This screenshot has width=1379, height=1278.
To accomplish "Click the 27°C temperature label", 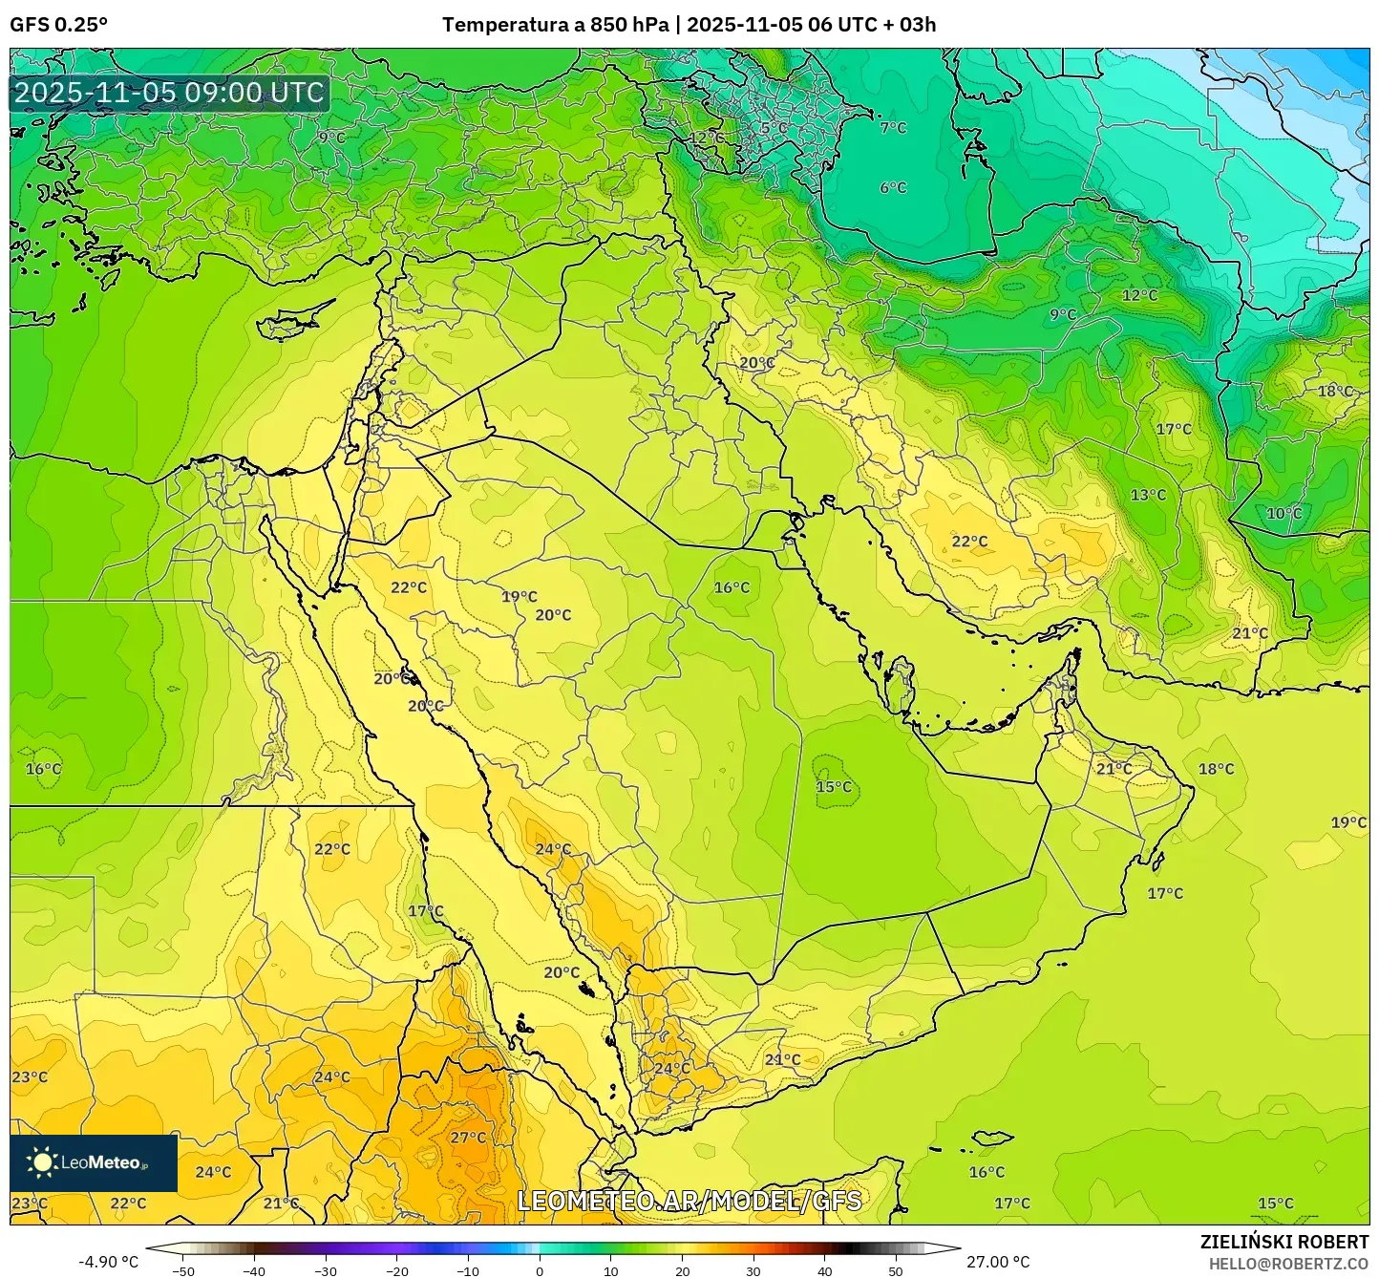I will tap(468, 1138).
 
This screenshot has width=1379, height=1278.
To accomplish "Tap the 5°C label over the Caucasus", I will tap(774, 128).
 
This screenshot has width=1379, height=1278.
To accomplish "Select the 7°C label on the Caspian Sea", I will tap(893, 128).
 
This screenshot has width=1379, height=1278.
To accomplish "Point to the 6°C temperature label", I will tap(893, 188).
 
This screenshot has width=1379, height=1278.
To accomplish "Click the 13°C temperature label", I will tap(1148, 495).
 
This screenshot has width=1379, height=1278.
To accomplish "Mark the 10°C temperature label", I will tap(1284, 513).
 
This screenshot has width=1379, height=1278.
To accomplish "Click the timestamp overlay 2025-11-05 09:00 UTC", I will tap(169, 93).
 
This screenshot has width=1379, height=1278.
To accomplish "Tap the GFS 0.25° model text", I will tap(58, 25).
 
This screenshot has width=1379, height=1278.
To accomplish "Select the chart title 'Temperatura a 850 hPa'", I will tap(556, 25).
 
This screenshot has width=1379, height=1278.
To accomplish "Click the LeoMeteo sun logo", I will tap(42, 1162).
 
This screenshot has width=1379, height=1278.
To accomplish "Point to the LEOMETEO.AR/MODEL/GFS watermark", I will tap(689, 1201).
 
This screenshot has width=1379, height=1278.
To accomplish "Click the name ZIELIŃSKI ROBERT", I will tap(1284, 1241).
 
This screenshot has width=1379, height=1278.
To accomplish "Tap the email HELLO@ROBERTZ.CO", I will tap(1288, 1263).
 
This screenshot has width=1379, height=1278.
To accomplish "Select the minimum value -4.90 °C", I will tap(107, 1262).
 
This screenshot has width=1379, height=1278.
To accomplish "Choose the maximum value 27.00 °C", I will tap(998, 1262).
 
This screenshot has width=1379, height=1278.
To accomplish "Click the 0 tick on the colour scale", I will tap(540, 1271).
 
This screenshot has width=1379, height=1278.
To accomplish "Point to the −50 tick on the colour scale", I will tap(182, 1271).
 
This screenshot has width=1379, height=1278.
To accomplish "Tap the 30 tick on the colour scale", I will tap(753, 1271).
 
